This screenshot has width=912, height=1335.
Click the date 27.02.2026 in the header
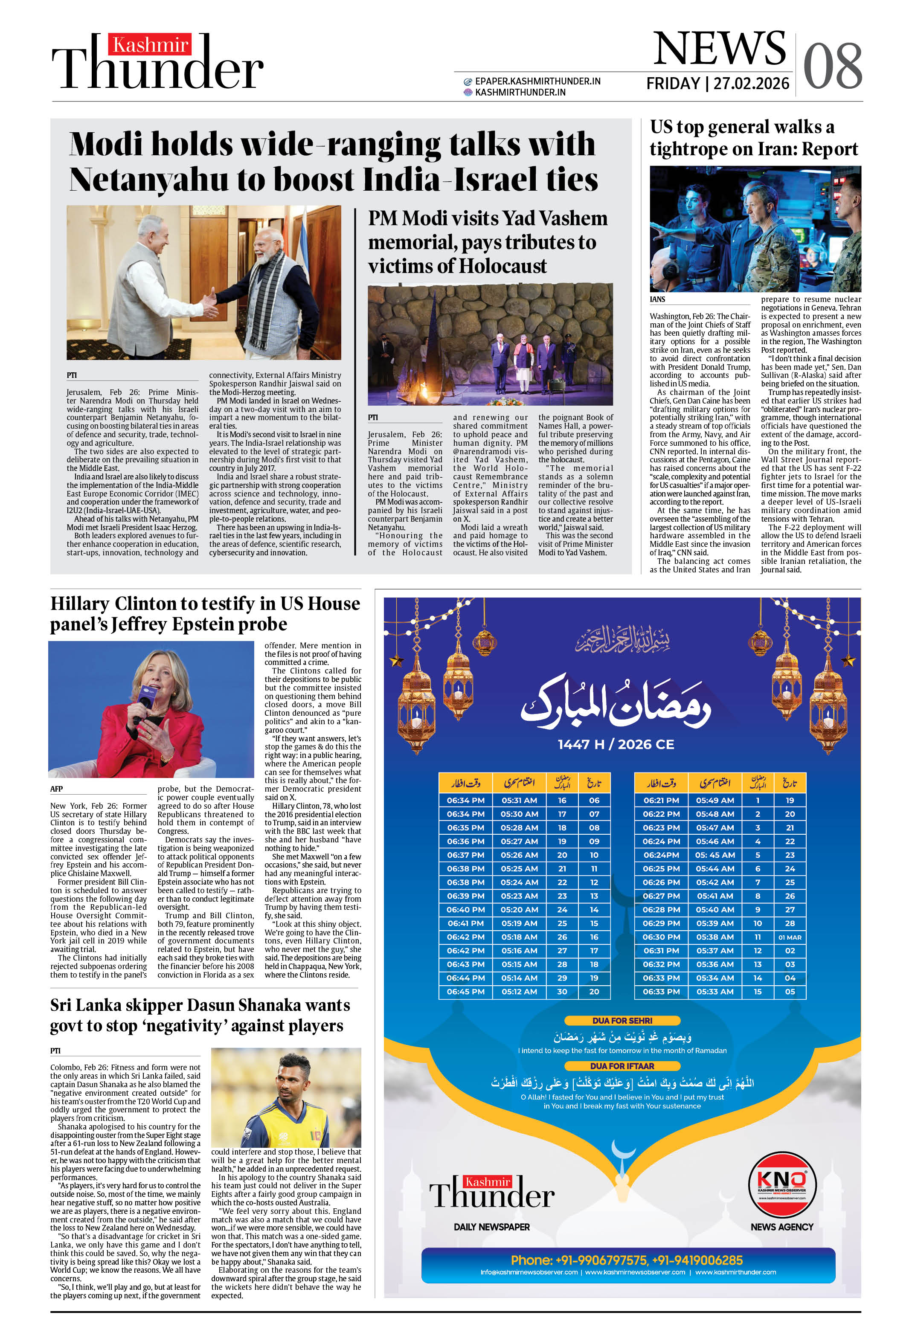click(x=751, y=84)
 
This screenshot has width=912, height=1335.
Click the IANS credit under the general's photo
click(x=657, y=299)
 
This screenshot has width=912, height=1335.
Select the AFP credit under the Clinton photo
click(x=56, y=789)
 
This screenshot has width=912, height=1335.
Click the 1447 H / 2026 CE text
click(x=616, y=744)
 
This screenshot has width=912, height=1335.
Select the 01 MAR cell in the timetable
click(x=790, y=937)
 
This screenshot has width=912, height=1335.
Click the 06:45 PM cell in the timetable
click(x=465, y=992)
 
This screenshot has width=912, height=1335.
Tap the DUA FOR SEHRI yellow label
click(x=622, y=1020)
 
